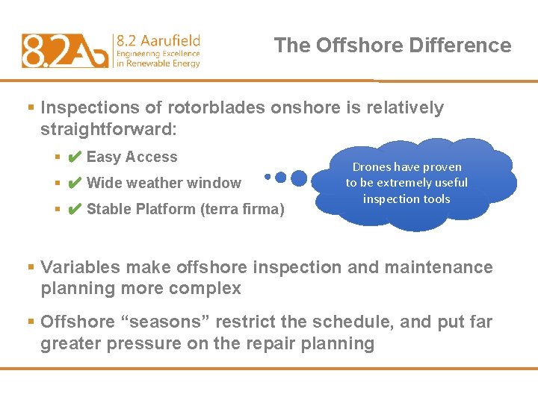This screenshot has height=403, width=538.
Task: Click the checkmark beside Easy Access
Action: [x=74, y=157]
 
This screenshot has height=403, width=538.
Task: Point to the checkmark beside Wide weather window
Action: [x=74, y=184]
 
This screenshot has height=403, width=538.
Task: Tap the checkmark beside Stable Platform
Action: [x=74, y=210]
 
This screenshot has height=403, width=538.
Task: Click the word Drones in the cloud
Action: [x=373, y=167]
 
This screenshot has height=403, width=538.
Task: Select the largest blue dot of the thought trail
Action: [x=298, y=178]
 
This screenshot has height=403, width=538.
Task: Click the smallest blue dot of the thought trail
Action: [x=268, y=178]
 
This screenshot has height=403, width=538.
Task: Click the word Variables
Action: [x=81, y=267]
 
